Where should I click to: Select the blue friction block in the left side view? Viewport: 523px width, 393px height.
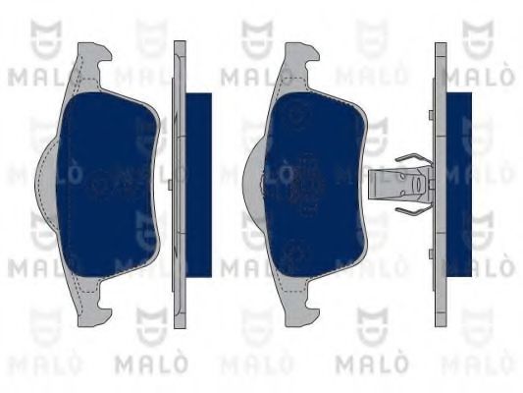198,182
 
